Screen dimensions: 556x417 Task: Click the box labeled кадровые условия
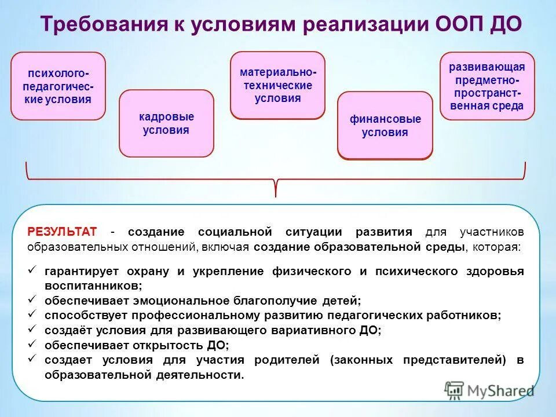(166, 123)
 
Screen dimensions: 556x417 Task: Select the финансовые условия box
(385, 126)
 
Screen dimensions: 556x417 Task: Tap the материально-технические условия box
(278, 85)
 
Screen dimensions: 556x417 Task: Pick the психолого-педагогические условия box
(58, 86)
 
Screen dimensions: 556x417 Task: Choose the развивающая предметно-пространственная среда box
(487, 86)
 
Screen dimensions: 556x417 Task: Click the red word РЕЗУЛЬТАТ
(62, 232)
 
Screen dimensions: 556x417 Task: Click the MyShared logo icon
(455, 390)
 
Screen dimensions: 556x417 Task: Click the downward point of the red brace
(276, 195)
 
